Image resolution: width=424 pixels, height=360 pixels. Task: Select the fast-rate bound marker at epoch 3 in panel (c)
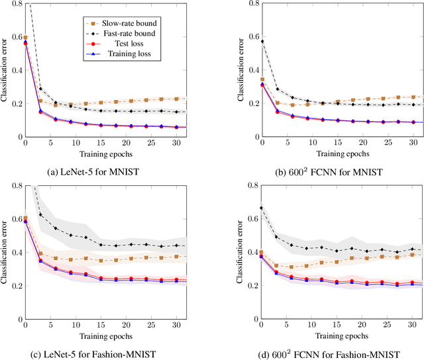(x=41, y=214)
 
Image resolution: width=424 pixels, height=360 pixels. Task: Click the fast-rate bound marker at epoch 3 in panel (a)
(x=41, y=89)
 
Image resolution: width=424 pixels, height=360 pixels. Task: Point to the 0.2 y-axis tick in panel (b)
(x=252, y=103)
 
